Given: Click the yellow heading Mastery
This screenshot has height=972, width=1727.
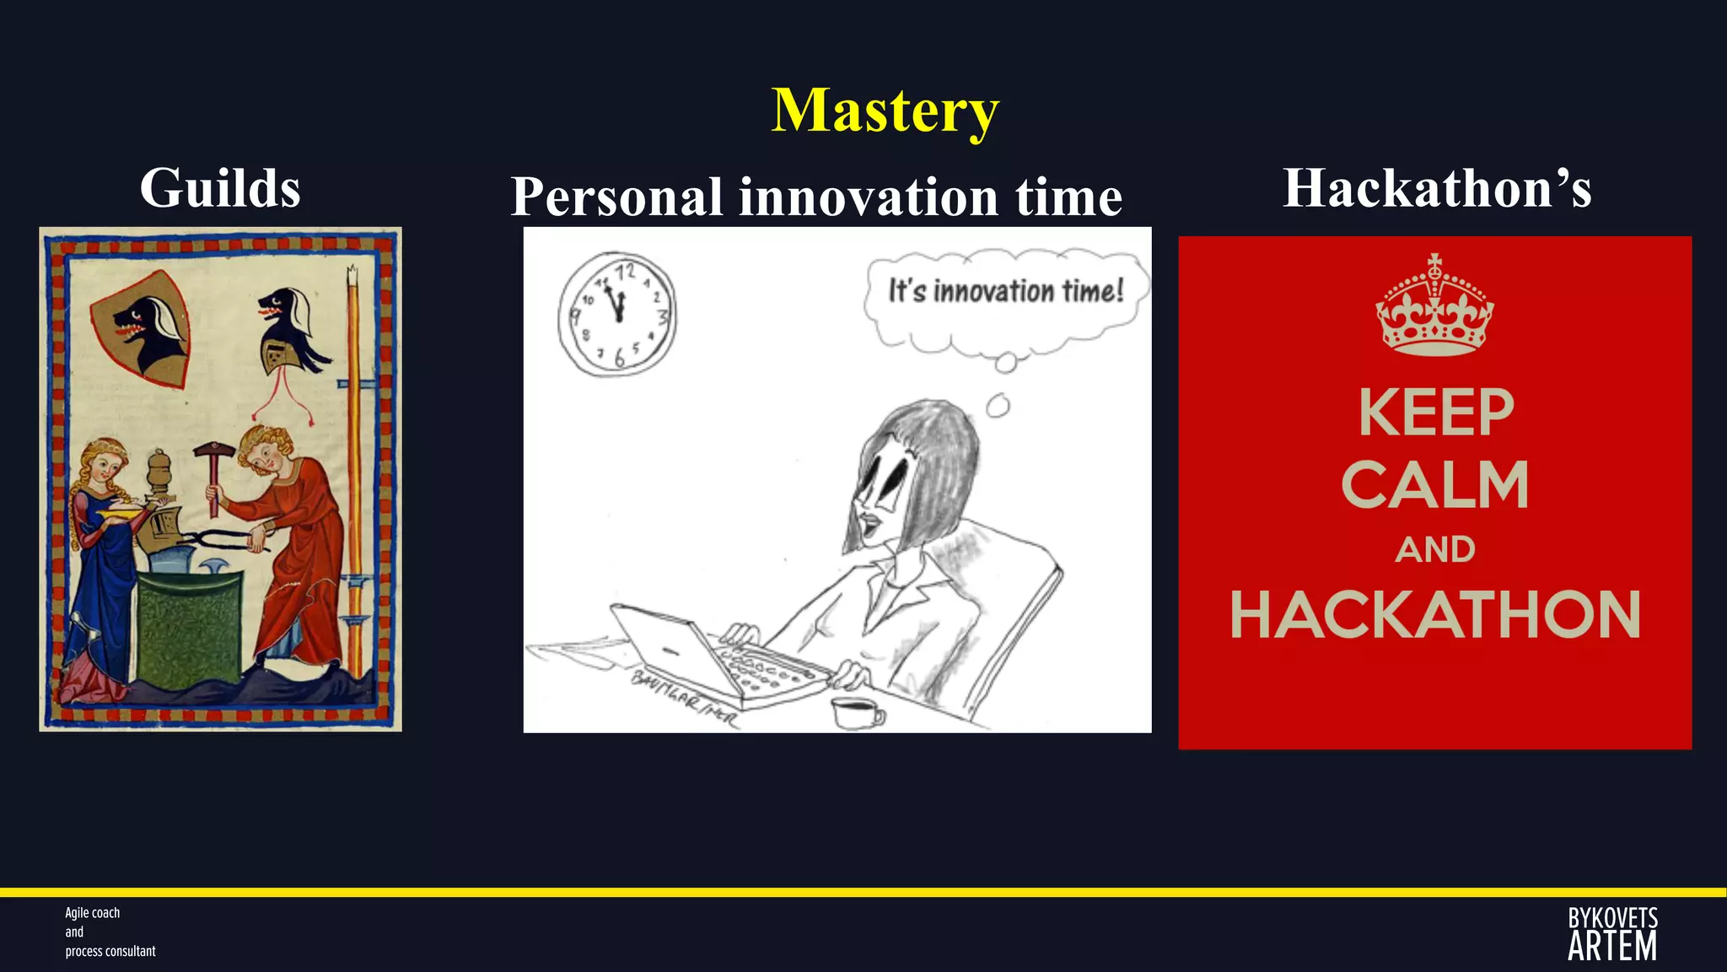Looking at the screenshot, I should pos(885,111).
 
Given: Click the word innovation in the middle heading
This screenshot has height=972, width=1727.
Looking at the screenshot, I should pos(869,197).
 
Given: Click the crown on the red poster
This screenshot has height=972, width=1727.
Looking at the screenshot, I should pos(1434,305).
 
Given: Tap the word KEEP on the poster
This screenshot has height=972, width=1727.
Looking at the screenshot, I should pos(1436,413).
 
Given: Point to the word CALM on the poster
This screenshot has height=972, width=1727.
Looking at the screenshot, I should pos(1434,485).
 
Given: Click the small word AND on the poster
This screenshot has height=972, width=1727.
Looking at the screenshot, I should pos(1434,550).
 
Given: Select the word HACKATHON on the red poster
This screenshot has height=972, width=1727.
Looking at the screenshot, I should pos(1434,614).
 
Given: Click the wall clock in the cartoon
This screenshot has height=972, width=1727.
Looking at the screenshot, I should pos(617,314).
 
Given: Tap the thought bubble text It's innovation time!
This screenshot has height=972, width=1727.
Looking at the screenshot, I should pos(1005,291).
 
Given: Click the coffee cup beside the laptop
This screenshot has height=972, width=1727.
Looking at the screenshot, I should pos(856,713).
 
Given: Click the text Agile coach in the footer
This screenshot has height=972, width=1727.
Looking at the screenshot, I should pos(93,913).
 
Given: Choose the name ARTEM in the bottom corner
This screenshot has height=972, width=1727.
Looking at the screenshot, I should pos(1611,947).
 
